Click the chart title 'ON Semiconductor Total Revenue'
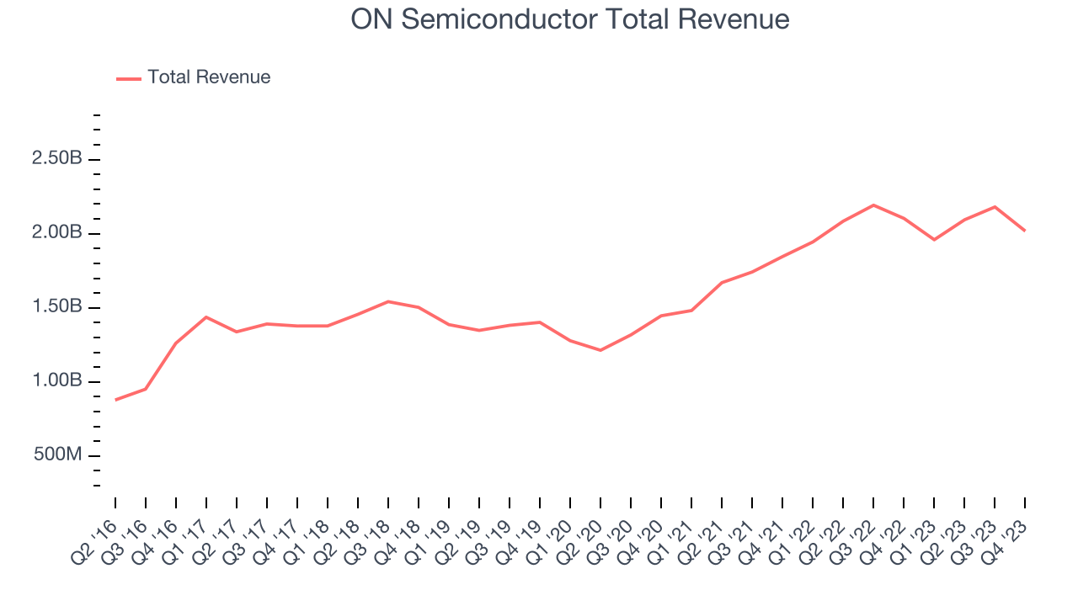[570, 19]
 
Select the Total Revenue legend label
[209, 77]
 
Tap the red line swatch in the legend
[129, 78]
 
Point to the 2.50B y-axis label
[57, 158]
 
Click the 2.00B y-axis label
[57, 232]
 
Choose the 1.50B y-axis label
[57, 306]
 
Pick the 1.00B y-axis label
[57, 380]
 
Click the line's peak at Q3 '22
[873, 205]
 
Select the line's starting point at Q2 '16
[115, 400]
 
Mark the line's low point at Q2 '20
[600, 350]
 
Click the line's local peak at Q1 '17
[206, 316]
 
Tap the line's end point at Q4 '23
[1025, 231]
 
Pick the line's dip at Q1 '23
[934, 240]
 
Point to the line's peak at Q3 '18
[388, 301]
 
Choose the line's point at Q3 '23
[995, 206]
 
